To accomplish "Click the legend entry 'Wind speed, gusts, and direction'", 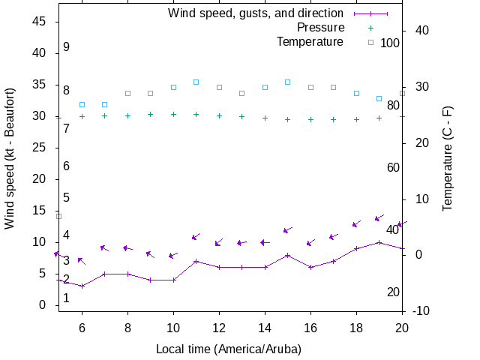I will point(255,13).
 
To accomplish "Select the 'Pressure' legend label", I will point(319,27).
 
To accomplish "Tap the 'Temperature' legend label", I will point(310,41).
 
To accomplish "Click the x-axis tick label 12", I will point(219,328).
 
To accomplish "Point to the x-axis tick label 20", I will point(402,328).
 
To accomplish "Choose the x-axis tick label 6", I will point(82,328).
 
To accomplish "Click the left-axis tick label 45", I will point(40,22).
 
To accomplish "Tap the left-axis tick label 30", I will point(40,116).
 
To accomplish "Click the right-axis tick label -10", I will point(421,311).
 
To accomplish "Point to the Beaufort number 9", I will point(67,47).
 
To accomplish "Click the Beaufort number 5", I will point(67,198).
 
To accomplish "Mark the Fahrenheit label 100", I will point(390,43).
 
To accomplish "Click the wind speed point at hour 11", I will point(196,261).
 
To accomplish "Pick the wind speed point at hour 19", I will point(379,242).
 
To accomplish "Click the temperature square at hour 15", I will point(287,82).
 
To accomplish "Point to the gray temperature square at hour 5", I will point(58,216).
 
